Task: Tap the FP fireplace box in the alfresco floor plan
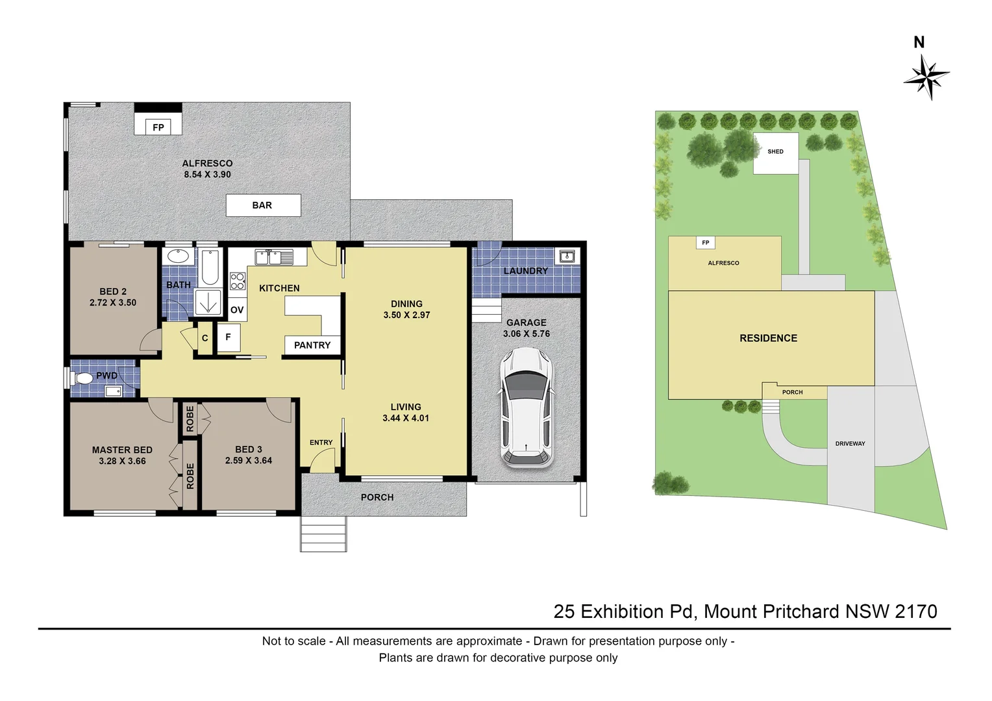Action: point(158,127)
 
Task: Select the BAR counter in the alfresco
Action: point(263,205)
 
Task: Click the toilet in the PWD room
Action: point(82,378)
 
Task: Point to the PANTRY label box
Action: point(312,345)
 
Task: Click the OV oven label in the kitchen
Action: point(237,310)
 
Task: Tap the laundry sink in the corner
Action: point(567,256)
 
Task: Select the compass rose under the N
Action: point(926,77)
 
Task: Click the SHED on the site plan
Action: point(775,153)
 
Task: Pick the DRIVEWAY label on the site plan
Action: point(850,444)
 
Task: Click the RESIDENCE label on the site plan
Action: point(768,338)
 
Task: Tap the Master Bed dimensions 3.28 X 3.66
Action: point(122,461)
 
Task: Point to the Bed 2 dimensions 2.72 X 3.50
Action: point(113,302)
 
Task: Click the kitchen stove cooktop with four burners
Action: point(238,281)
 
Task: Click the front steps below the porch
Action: point(323,534)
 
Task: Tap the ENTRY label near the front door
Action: point(321,443)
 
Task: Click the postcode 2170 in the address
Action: point(915,611)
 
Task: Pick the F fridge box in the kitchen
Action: point(228,338)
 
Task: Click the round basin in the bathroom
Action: point(177,256)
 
